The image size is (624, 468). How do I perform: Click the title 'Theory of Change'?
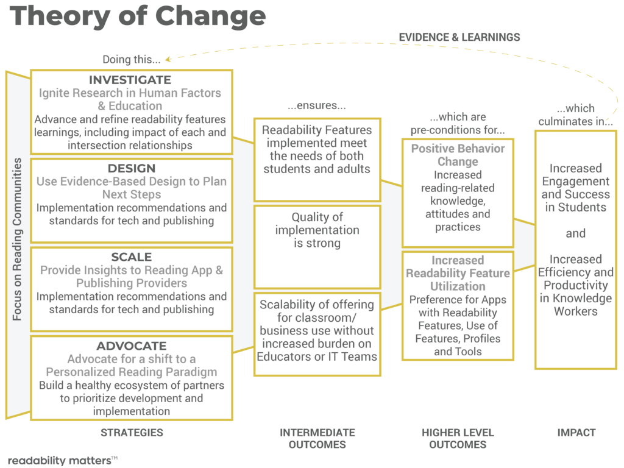pos(138,16)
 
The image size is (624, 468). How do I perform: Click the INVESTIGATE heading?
pos(130,80)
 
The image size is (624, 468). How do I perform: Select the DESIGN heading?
pos(131,168)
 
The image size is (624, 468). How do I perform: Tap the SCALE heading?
pos(131,257)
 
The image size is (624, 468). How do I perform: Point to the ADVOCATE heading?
pos(131,346)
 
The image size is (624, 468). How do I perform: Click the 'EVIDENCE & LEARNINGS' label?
pos(459,37)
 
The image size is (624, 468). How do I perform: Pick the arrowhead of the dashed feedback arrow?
pos(167,59)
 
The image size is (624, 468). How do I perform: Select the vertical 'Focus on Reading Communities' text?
pos(17,239)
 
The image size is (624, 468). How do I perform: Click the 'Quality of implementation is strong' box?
pos(317,230)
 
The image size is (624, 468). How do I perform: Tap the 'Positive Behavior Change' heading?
pos(458,155)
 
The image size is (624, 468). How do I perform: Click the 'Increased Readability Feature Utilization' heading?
pos(458,273)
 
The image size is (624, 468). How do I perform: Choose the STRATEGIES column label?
pos(132,433)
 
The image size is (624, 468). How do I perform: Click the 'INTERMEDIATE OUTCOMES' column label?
pos(317,438)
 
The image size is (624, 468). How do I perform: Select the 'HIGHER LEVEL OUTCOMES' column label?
pos(458,438)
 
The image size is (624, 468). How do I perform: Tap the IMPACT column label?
pos(576,433)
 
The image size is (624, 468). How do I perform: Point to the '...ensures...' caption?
pos(317,106)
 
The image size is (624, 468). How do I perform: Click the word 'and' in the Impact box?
pos(575,233)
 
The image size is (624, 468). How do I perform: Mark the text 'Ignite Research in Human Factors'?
pos(130,93)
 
